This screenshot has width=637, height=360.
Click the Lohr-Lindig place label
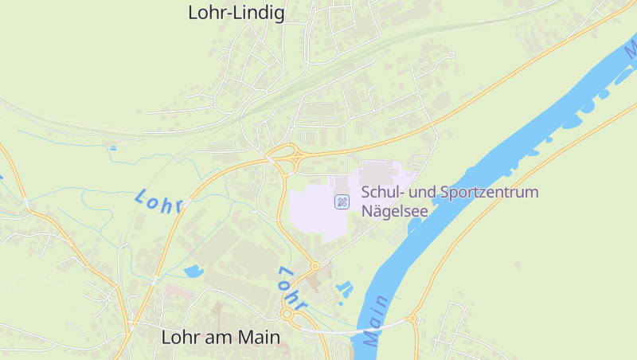[x=236, y=13]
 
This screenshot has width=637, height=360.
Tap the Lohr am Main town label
[x=221, y=337]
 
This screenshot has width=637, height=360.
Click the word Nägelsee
[x=395, y=211]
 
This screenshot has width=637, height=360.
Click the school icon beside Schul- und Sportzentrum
[x=342, y=202]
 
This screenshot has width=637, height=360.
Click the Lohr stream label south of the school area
[x=291, y=288]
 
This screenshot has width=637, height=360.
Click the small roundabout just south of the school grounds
[x=315, y=265]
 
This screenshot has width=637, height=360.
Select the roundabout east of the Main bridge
[x=412, y=319]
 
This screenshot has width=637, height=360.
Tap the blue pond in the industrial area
[x=193, y=271]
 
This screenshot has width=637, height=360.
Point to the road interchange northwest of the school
[x=283, y=155]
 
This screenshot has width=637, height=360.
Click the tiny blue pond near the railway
[x=113, y=147]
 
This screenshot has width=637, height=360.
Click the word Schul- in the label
[x=380, y=192]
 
